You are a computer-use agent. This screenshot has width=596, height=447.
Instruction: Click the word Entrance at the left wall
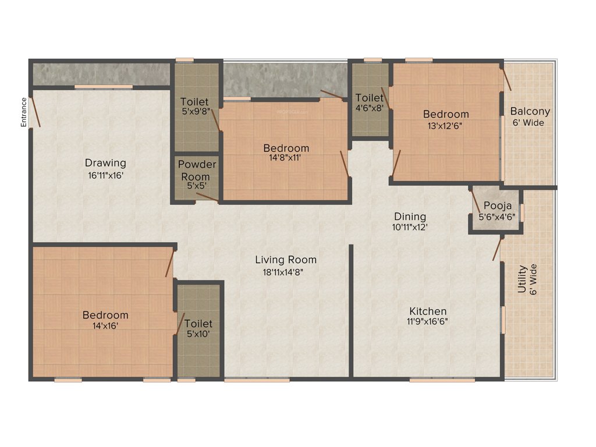(24, 112)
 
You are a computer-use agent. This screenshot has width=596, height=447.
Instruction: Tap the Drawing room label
(105, 162)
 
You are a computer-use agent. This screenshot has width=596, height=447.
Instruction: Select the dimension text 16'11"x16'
(105, 174)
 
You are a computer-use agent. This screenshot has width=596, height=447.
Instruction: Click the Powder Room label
(197, 170)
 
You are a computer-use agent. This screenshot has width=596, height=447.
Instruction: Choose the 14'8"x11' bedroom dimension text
(286, 159)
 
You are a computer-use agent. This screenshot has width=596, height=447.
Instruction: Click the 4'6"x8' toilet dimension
(370, 108)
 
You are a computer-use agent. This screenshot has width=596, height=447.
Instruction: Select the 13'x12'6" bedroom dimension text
(445, 125)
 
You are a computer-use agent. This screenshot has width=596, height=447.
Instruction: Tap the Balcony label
(530, 111)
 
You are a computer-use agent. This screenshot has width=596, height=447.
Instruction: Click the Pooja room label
(498, 205)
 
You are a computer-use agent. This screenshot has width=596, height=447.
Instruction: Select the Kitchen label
(427, 311)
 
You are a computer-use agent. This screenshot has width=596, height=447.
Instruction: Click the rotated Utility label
(522, 279)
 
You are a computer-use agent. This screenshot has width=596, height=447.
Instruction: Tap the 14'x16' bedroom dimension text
(105, 326)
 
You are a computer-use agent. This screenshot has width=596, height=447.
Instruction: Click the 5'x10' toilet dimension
(198, 334)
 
